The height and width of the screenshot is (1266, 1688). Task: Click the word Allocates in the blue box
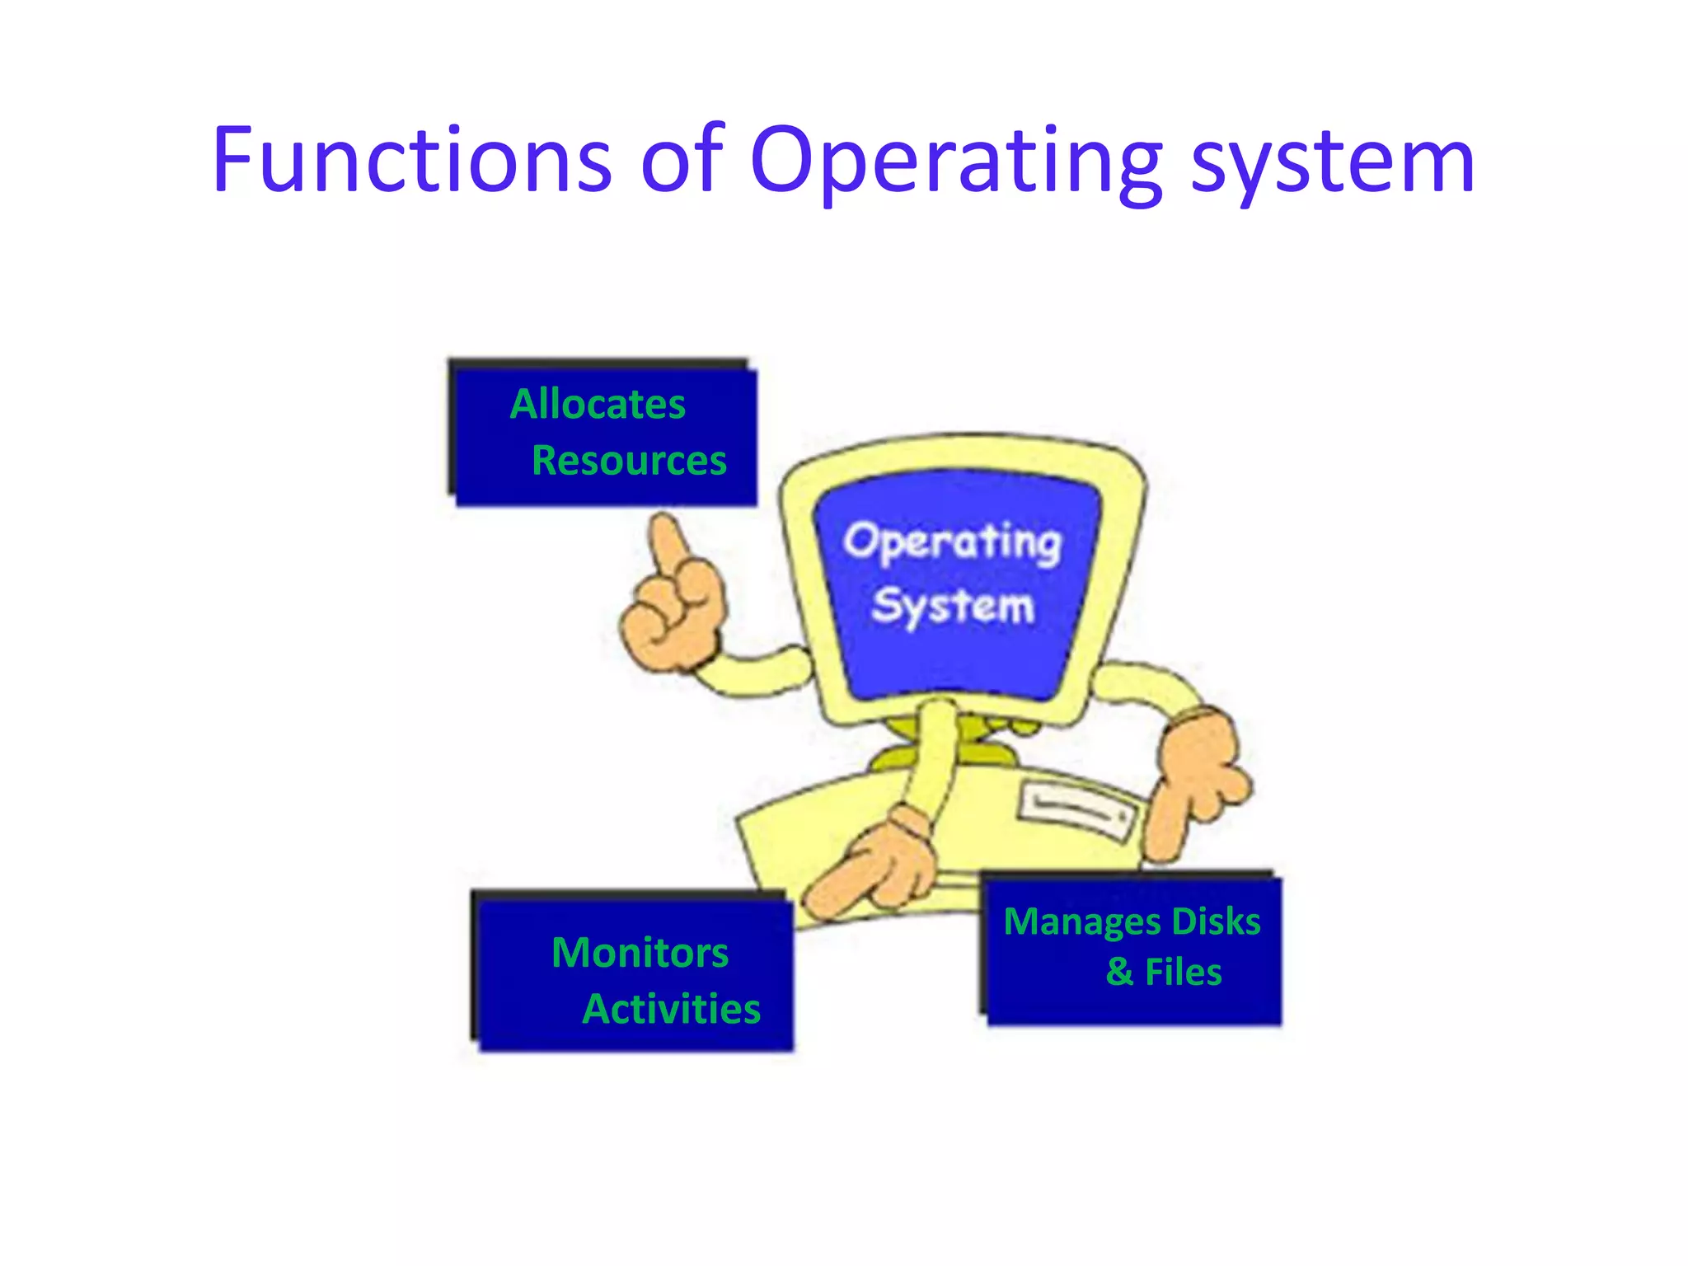click(598, 405)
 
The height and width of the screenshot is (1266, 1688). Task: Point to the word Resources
click(629, 461)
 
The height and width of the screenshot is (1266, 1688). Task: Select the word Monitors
click(640, 953)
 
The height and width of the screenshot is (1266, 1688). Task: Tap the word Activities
click(671, 1009)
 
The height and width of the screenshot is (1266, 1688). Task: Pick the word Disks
click(1217, 921)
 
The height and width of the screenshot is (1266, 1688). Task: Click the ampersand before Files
click(1119, 972)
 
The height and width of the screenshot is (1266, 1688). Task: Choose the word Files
click(1183, 972)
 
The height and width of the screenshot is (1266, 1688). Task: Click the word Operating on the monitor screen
click(952, 543)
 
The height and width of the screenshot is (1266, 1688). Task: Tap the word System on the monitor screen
click(952, 607)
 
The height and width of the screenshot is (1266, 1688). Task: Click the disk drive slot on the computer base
click(1076, 812)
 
